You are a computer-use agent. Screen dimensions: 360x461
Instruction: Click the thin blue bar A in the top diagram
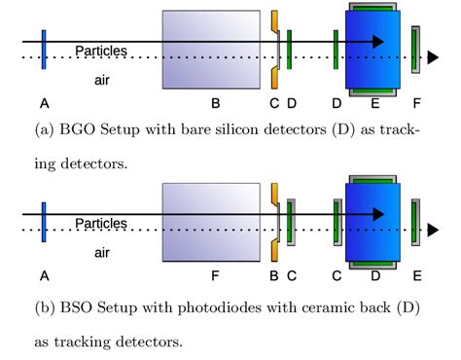[x=44, y=49]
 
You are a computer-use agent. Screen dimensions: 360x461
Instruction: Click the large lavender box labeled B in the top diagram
[x=211, y=49]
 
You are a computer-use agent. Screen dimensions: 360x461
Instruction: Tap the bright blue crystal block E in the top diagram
[x=372, y=49]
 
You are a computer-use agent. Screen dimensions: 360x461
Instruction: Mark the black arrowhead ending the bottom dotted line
[x=433, y=231]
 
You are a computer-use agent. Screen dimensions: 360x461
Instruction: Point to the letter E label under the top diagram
[x=375, y=101]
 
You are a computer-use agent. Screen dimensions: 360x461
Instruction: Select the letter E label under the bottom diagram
[x=417, y=275]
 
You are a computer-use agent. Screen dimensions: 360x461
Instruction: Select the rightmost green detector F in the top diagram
[x=415, y=49]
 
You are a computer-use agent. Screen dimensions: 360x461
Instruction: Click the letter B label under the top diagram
[x=215, y=101]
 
